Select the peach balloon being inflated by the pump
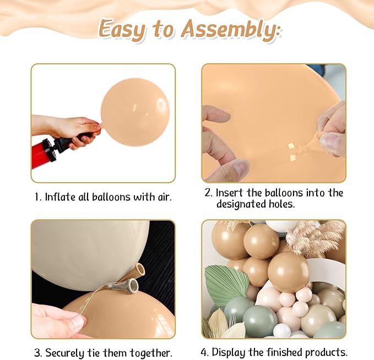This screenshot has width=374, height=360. [x=134, y=112]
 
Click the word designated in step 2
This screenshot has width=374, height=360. [x=240, y=204]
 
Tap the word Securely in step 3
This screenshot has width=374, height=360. [x=64, y=353]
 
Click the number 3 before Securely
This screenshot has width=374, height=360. [x=37, y=353]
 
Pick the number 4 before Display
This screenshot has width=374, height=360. [x=205, y=352]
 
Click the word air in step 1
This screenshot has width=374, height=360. [x=165, y=197]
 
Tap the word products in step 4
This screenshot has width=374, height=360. [x=326, y=352]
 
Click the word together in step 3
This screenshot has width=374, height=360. [x=151, y=353]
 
